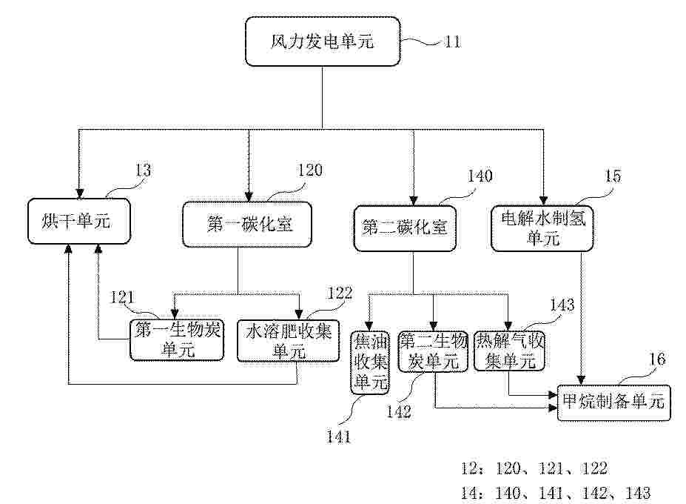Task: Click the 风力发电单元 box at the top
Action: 323,42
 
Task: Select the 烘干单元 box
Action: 79,221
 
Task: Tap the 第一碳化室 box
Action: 246,225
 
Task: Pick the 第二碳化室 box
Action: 405,228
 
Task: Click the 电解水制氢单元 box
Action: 542,228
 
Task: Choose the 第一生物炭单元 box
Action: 177,340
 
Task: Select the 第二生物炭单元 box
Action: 433,352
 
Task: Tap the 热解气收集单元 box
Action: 510,351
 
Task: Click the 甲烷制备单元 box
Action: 613,402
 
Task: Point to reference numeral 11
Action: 452,42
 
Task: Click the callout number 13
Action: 143,170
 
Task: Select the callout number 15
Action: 613,176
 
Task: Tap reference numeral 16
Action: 656,359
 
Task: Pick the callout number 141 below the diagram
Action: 339,437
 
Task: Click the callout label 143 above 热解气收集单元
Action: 562,305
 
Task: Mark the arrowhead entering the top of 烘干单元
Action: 79,193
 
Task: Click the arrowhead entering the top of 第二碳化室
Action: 413,200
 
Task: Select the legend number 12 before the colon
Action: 470,468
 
